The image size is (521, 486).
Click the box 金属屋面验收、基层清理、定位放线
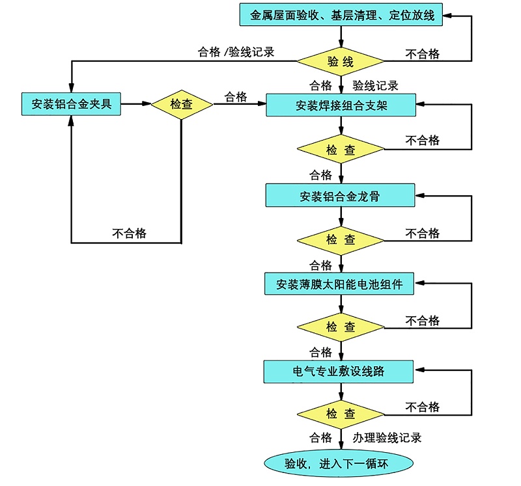342,15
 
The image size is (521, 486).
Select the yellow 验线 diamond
341,62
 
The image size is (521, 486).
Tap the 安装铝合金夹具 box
71,103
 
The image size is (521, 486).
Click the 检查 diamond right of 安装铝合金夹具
182,104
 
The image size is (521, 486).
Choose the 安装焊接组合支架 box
341,105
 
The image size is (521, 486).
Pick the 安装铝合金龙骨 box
340,195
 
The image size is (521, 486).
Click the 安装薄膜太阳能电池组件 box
339,284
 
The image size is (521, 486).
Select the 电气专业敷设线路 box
339,371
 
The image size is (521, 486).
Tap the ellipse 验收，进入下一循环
338,463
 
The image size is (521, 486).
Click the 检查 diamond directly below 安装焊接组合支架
341,150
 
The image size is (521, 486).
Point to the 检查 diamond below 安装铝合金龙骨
341,239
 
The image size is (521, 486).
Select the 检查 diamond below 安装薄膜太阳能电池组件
341,327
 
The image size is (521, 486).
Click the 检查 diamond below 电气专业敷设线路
341,414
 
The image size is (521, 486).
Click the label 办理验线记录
387,438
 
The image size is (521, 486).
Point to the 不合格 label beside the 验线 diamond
423,53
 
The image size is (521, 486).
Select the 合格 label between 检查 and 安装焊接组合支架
236,96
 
